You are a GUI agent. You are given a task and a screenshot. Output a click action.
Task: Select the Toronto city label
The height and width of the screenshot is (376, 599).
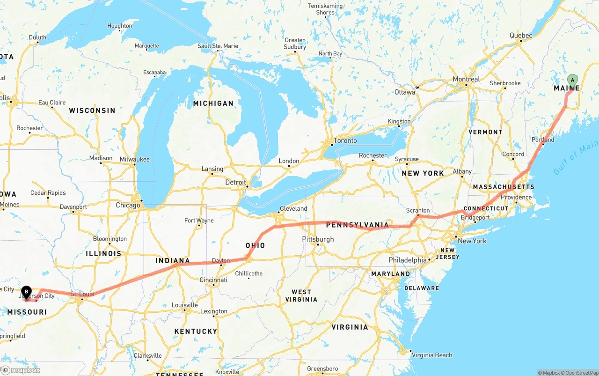345,140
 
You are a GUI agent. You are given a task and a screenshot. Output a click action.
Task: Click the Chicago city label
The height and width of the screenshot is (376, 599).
128,205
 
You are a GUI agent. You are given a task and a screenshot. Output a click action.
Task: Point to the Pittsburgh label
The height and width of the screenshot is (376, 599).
318,239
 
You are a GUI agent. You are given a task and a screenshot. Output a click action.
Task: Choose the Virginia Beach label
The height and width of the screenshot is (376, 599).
431,355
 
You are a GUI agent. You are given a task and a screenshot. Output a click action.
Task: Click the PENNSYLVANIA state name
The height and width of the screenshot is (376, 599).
357,225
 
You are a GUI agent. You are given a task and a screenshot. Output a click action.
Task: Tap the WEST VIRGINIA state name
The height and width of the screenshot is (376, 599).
301,295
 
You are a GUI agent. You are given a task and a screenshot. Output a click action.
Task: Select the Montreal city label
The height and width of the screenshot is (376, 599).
466,79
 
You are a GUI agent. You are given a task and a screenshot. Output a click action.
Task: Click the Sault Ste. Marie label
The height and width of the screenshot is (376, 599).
218,46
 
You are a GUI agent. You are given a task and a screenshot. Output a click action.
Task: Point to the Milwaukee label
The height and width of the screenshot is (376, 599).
134,159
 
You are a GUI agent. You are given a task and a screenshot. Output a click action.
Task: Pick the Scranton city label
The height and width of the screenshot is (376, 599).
418,211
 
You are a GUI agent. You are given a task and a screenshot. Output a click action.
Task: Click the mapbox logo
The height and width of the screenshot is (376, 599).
21,370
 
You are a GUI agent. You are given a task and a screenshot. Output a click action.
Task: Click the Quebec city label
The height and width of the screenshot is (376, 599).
521,36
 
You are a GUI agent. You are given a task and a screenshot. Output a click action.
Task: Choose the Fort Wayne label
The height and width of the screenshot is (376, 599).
199,221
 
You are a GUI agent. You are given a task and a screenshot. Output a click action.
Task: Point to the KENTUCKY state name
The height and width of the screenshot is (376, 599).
196,331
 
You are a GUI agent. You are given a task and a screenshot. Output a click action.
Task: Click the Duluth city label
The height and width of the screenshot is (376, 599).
37,37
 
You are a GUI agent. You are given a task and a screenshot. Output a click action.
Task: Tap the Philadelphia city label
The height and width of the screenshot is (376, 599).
407,260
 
